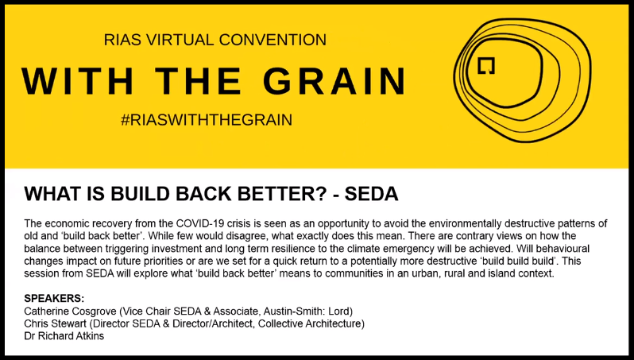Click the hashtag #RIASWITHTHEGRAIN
click(x=207, y=121)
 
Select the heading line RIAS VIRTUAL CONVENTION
click(x=215, y=40)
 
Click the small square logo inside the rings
click(x=487, y=67)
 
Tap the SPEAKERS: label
click(x=54, y=298)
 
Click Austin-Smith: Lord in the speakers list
click(x=305, y=311)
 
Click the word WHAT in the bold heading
click(x=49, y=194)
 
